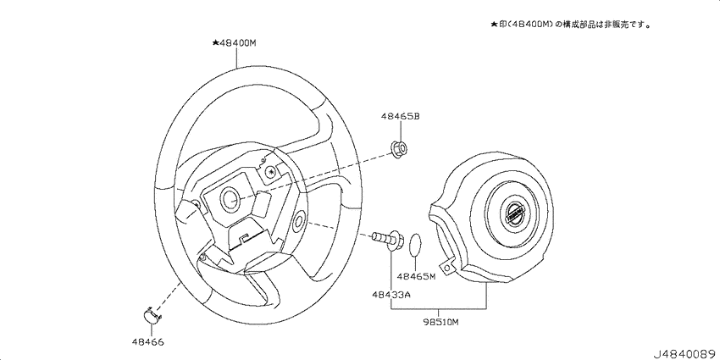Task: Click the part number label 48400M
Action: click(x=241, y=42)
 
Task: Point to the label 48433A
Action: click(x=390, y=295)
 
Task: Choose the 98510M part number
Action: click(x=440, y=322)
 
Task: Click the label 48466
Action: click(x=147, y=342)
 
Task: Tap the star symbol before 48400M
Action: click(x=217, y=42)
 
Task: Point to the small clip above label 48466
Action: click(x=151, y=315)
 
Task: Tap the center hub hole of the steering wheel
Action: click(x=229, y=198)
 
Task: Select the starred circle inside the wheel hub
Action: click(x=270, y=172)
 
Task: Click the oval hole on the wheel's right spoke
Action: click(x=298, y=222)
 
